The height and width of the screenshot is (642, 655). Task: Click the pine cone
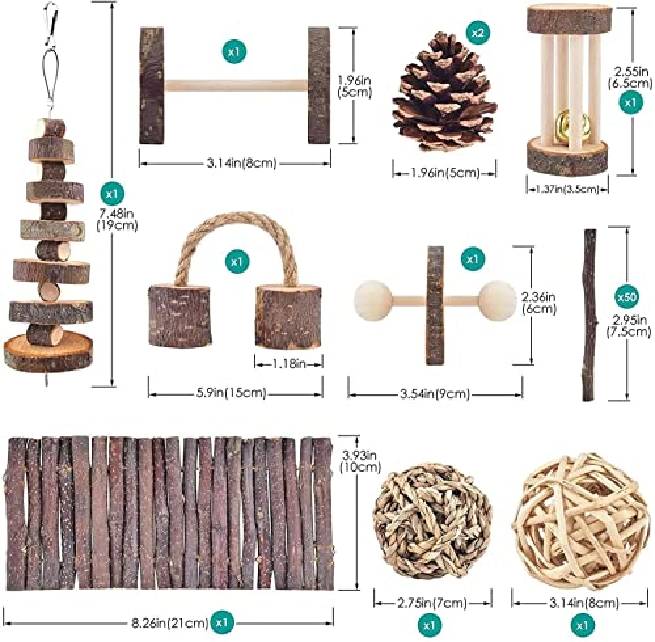point(443,92)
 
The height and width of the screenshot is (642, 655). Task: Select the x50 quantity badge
point(627,297)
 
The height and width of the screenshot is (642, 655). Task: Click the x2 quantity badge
point(478,32)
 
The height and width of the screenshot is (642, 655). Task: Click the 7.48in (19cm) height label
point(118,219)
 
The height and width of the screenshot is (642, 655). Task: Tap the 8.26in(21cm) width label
point(167,623)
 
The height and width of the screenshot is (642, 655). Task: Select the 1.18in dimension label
point(289,364)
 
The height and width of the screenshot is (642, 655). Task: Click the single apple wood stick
point(589,315)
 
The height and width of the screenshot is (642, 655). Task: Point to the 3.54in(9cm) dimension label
point(435,394)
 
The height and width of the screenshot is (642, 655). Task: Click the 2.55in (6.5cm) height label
point(630,77)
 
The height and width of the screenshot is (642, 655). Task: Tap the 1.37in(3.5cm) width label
point(567,189)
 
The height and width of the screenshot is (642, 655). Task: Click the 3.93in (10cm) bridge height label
point(360,460)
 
